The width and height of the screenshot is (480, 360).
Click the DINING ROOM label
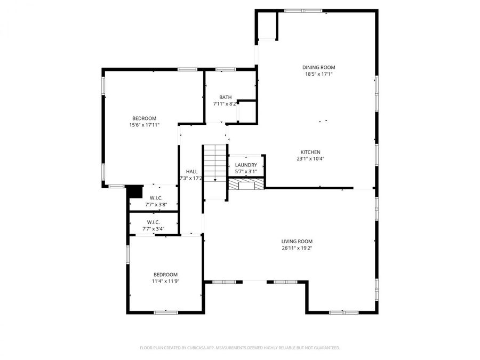[x=319, y=67]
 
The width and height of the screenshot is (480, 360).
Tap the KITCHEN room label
[x=310, y=151]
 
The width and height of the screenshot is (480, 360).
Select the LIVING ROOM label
[x=297, y=241]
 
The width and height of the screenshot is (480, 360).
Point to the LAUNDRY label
[x=246, y=165]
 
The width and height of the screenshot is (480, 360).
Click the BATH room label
[x=225, y=97]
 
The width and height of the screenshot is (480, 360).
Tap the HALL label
[x=191, y=171]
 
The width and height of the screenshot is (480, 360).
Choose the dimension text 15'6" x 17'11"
[x=145, y=125]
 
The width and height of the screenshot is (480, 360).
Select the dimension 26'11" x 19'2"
[x=297, y=248]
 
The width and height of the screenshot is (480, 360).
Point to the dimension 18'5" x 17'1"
[x=319, y=74]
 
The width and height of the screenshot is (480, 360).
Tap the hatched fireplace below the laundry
[x=246, y=184]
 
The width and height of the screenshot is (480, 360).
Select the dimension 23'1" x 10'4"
[x=310, y=158]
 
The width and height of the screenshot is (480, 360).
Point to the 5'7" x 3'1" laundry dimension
[x=246, y=172]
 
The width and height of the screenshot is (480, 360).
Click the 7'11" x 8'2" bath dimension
[x=225, y=104]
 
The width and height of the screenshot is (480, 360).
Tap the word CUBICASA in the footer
[x=198, y=348]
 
